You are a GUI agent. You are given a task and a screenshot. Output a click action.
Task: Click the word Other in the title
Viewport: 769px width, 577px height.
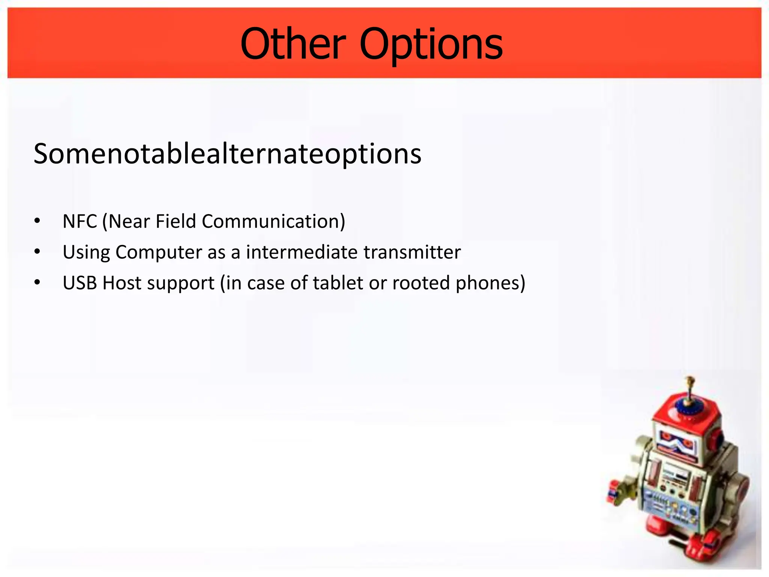click(293, 44)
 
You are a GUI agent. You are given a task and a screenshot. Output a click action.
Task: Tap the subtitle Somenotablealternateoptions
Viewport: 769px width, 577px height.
click(227, 154)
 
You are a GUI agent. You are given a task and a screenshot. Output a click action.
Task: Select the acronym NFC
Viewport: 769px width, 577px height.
click(80, 221)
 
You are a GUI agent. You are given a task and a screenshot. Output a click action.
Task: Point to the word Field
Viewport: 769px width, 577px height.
click(176, 221)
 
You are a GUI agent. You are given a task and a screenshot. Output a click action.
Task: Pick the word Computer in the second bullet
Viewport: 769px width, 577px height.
click(159, 252)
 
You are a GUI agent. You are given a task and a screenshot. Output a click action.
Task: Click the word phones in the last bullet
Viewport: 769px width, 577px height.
click(487, 283)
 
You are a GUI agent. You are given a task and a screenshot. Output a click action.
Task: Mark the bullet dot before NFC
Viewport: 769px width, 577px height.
click(37, 221)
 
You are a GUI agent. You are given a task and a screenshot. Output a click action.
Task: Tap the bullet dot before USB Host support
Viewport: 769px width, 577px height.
click(37, 282)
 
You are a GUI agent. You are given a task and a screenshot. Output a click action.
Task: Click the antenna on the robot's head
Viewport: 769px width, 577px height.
click(689, 391)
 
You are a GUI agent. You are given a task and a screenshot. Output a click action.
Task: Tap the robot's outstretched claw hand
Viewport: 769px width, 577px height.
click(616, 492)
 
